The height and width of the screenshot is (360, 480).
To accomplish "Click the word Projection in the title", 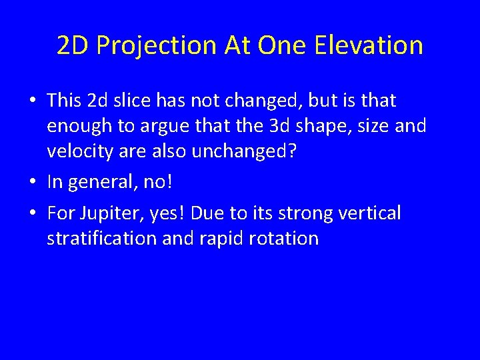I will point(157,46).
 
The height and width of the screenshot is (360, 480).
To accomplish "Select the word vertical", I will point(369,213).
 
